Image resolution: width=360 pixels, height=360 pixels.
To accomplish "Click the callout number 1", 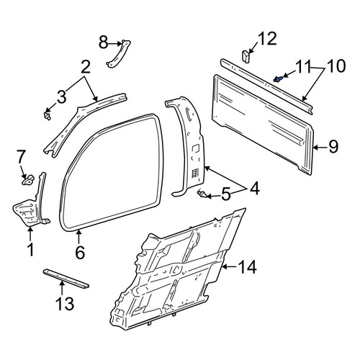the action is point(30,250).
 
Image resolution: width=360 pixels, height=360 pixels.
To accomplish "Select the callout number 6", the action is point(80,252).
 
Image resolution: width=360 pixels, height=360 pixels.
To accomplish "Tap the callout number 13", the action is point(65,303).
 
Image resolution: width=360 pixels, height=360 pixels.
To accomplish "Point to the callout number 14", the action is point(248,267).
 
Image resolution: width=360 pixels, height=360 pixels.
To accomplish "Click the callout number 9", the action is point(333,147).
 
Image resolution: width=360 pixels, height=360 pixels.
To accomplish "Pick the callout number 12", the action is point(267,39).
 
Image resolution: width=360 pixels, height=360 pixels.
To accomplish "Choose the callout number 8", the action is point(104,43).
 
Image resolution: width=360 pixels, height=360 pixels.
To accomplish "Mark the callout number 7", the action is point(21,157).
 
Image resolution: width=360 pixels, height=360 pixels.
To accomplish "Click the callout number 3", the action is point(61,97).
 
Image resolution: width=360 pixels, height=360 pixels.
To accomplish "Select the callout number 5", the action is point(225,194).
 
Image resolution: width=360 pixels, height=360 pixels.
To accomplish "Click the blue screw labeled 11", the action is point(278,79).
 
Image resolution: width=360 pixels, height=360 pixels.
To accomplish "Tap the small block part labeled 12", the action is point(246,57).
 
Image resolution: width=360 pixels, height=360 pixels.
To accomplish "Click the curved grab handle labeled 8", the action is point(118,54).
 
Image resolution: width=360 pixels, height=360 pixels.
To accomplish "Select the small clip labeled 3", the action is point(48,115).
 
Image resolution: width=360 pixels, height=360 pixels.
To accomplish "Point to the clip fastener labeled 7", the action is point(28,180).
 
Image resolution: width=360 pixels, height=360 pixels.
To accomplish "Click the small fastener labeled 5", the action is point(201,194).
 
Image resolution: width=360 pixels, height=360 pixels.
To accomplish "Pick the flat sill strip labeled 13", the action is point(66,279).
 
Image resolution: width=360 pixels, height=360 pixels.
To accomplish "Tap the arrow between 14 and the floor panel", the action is point(230,266).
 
